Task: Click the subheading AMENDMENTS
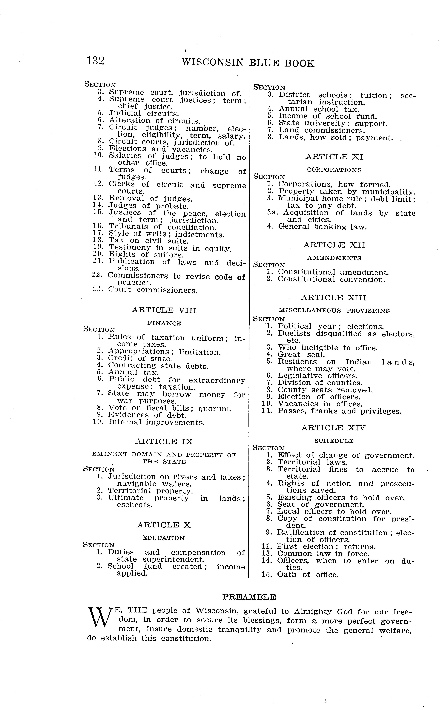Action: [334, 258]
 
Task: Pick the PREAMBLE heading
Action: [249, 597]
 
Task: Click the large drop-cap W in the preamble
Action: [100, 620]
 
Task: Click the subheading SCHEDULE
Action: [334, 441]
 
